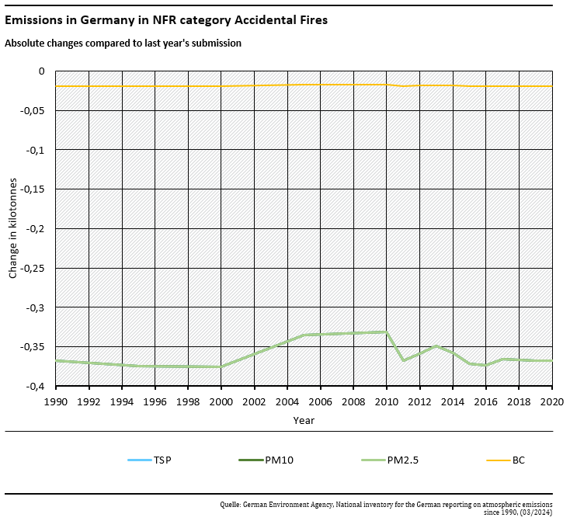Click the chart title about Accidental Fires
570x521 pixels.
click(x=166, y=20)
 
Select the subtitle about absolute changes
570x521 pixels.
click(x=123, y=43)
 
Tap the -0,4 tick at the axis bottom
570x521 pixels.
click(x=38, y=386)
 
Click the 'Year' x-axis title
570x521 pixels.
click(x=304, y=420)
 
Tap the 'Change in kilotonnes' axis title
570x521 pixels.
click(x=12, y=229)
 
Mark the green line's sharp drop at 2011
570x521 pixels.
click(x=403, y=360)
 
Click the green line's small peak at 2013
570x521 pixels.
click(x=436, y=346)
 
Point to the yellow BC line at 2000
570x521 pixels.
click(x=221, y=85)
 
